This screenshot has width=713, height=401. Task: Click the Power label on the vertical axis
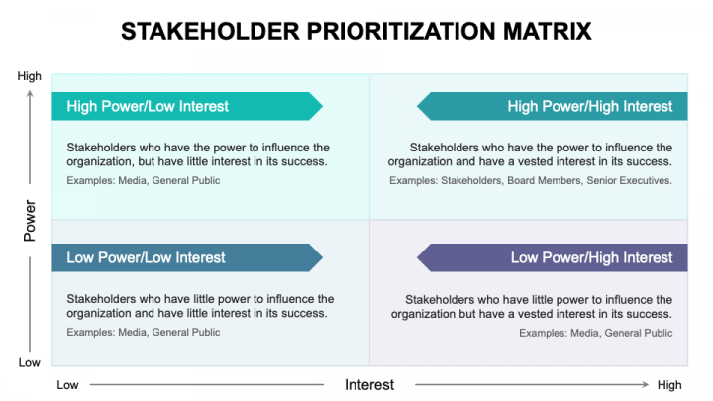[x=29, y=221]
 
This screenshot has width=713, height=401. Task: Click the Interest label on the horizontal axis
[x=368, y=384]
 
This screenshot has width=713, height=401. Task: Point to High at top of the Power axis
[x=30, y=76]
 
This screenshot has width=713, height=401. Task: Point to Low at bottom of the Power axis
[x=30, y=362]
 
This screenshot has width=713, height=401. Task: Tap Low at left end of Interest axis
[x=67, y=384]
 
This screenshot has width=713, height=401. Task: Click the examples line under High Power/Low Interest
[x=144, y=181]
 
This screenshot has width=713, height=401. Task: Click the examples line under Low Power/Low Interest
[x=144, y=332]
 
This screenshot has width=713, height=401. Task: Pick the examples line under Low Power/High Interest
[x=595, y=333]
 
